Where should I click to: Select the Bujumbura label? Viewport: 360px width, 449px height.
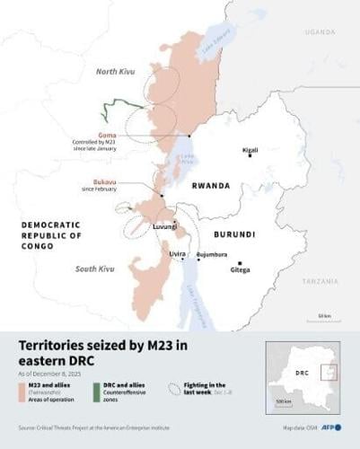pyautogui.click(x=218, y=254)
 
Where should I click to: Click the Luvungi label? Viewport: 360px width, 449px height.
pyautogui.click(x=164, y=226)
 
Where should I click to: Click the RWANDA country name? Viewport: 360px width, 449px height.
pyautogui.click(x=211, y=186)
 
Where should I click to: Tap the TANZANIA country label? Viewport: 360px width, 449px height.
pyautogui.click(x=320, y=281)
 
